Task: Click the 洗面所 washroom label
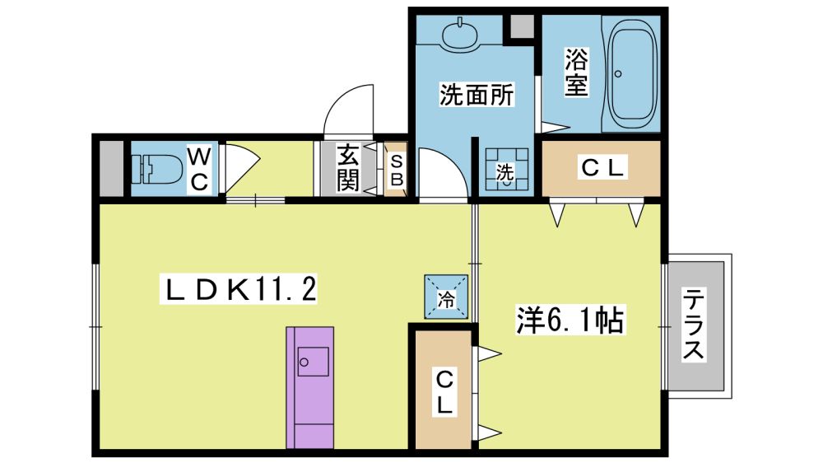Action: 477,96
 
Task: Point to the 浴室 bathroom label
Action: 576,72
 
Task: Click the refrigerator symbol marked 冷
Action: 446,297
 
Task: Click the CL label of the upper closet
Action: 605,169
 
